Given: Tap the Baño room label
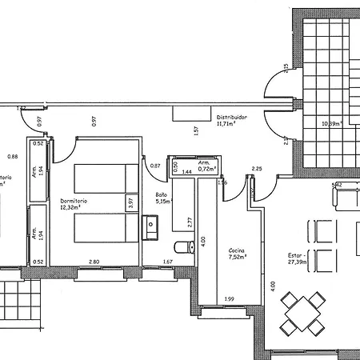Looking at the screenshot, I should [162, 194].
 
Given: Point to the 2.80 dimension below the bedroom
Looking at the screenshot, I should [94, 262].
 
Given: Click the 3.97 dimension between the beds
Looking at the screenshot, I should [129, 203].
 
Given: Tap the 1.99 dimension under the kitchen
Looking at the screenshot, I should [230, 299].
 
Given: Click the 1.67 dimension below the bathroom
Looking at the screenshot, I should [168, 262].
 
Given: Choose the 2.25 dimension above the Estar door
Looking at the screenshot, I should [257, 169].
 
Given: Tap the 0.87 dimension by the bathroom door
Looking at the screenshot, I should [155, 166].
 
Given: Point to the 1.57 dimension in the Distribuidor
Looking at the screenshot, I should [196, 131].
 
